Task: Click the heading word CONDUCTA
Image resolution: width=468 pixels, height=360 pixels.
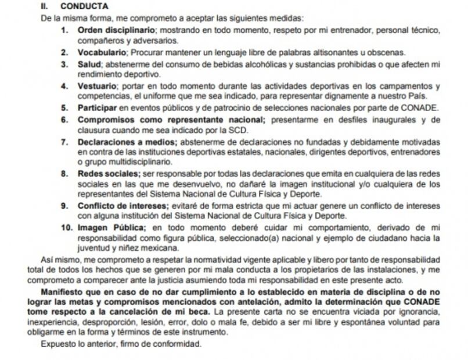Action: pos(84,7)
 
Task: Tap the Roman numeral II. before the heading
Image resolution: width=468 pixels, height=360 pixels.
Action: pos(45,7)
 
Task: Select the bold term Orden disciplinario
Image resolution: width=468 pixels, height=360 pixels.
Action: pos(116,29)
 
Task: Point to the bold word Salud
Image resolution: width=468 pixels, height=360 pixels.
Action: pos(89,63)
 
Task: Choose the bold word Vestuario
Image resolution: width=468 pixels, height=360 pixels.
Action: pos(97,86)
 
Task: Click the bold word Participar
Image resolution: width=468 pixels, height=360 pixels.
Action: pos(100,108)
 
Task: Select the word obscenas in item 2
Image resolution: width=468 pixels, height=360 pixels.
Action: pos(389,52)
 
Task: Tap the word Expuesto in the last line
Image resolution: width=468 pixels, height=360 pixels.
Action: pos(57,344)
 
